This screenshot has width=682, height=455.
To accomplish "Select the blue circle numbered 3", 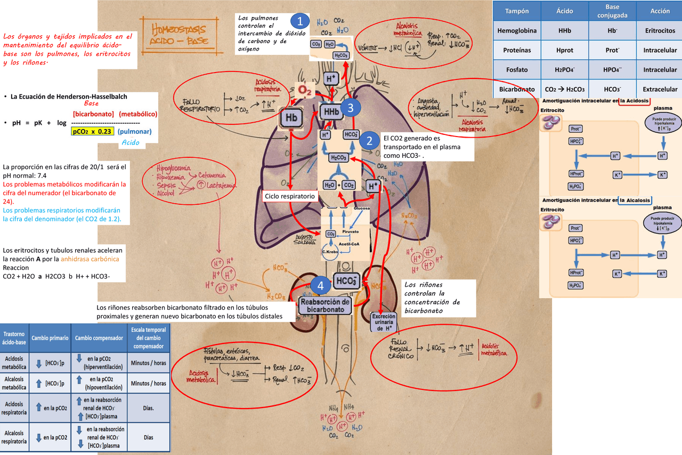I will [x=349, y=108].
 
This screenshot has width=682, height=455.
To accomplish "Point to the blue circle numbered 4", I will [x=320, y=285].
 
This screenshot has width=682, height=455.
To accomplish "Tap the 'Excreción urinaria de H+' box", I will [x=383, y=322].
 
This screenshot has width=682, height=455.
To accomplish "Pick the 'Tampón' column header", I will [x=517, y=11].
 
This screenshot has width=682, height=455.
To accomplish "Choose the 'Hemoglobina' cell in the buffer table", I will [x=517, y=31].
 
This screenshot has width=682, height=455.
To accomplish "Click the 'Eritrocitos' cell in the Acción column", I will [x=659, y=31].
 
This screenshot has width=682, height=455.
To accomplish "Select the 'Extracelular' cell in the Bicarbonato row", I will [x=659, y=89].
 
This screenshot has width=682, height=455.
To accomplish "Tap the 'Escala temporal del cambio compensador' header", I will [x=148, y=338].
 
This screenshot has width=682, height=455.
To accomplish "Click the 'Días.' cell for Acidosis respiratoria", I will [x=148, y=408].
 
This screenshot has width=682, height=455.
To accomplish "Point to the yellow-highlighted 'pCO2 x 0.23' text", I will [x=92, y=132].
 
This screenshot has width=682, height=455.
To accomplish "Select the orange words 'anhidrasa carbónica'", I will [x=90, y=259].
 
